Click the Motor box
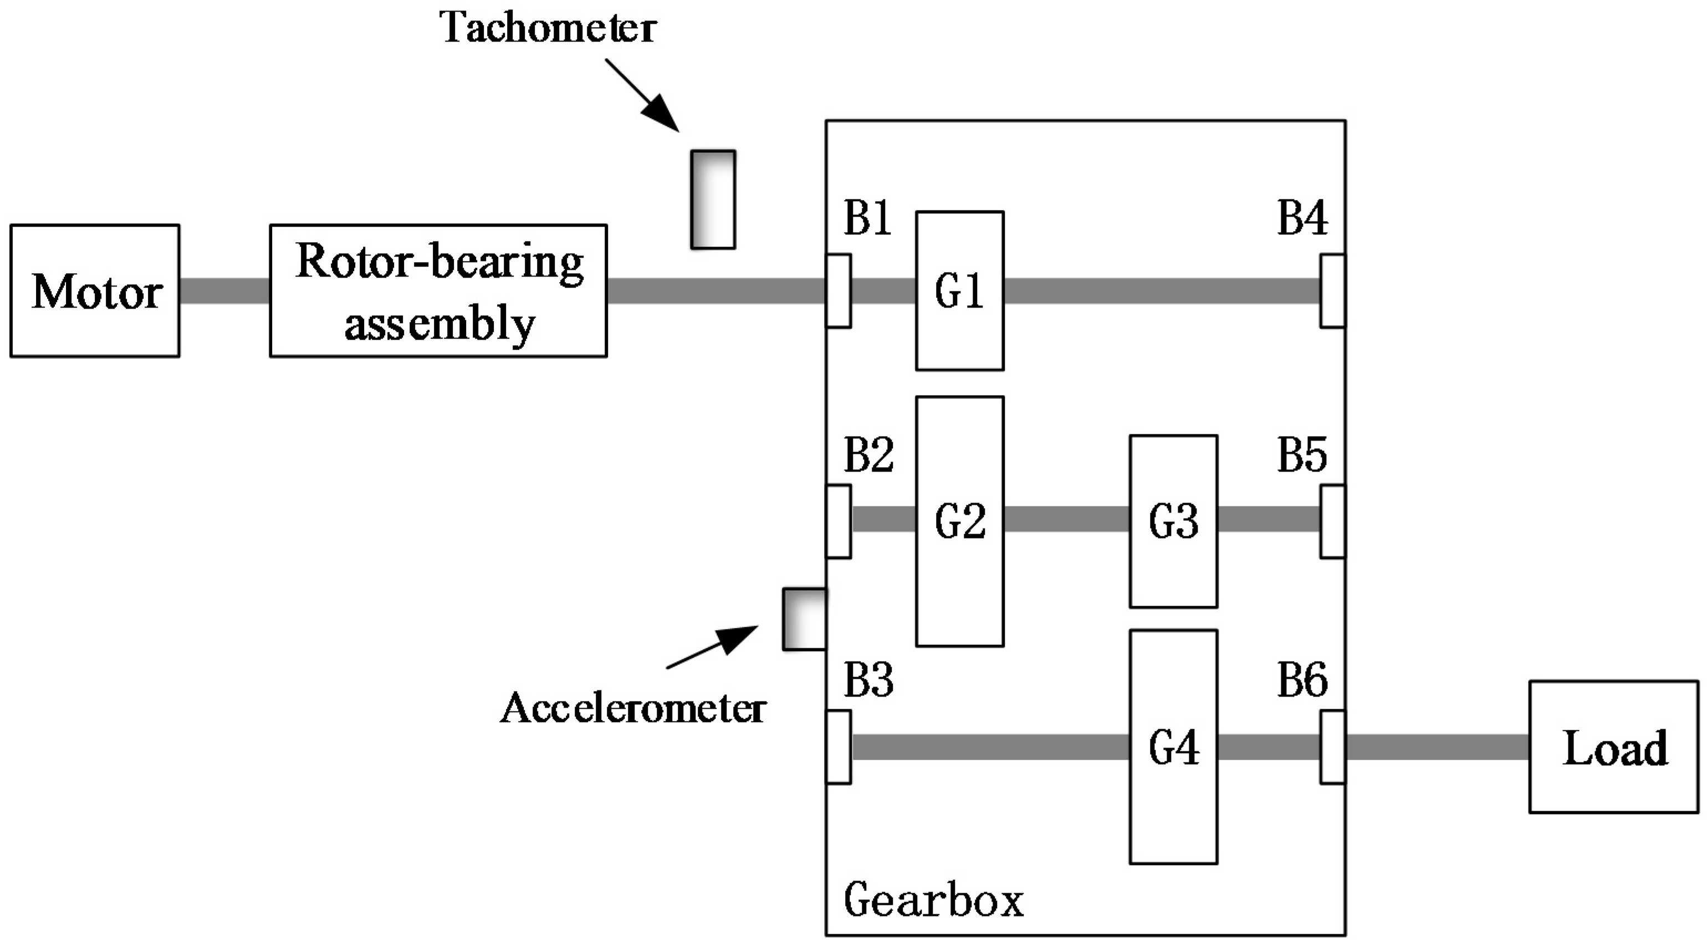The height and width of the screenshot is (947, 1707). click(x=95, y=291)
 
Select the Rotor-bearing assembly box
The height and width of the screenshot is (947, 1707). click(x=438, y=291)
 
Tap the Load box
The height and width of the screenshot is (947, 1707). click(x=1613, y=747)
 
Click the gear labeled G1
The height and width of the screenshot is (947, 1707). click(x=959, y=291)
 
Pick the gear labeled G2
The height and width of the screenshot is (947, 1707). click(x=959, y=521)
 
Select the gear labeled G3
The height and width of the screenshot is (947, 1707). click(x=1173, y=521)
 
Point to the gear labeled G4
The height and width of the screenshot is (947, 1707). click(x=1173, y=747)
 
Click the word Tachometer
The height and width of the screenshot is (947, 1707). click(x=549, y=28)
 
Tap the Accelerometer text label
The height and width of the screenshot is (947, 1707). click(x=633, y=708)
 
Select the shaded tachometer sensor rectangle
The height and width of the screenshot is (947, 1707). click(x=713, y=199)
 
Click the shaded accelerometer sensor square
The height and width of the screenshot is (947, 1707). click(x=805, y=619)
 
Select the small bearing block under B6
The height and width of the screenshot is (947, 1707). click(x=1332, y=747)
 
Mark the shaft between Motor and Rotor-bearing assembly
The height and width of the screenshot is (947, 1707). click(x=224, y=291)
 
